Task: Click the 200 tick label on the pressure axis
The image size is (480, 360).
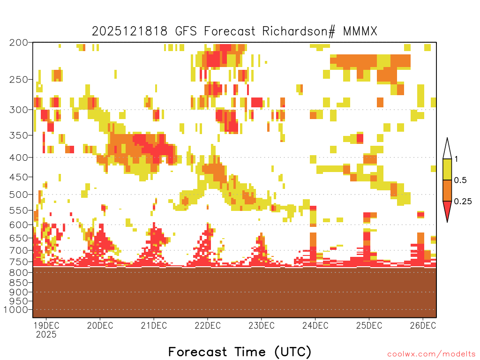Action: [18, 43]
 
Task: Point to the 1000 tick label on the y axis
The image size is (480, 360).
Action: [16, 310]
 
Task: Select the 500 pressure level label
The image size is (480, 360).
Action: [18, 195]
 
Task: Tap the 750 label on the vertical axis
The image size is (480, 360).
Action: [18, 262]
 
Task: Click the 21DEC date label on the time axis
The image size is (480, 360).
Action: [154, 325]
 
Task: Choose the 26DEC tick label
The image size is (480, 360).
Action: [423, 325]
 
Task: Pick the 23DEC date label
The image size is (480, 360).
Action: [262, 325]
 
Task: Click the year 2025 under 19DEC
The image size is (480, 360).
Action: [46, 335]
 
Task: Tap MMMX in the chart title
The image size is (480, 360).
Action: [360, 31]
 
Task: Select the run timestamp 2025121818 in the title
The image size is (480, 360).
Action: [130, 31]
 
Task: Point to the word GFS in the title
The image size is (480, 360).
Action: [186, 31]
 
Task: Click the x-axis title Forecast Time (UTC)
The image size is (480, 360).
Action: [240, 352]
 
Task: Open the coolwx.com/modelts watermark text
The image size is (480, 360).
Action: [432, 354]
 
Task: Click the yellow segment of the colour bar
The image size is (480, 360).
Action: [447, 169]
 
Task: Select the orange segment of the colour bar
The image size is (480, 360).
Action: [447, 190]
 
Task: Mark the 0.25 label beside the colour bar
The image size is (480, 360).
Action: [463, 202]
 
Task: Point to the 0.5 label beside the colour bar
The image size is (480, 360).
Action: [460, 180]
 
